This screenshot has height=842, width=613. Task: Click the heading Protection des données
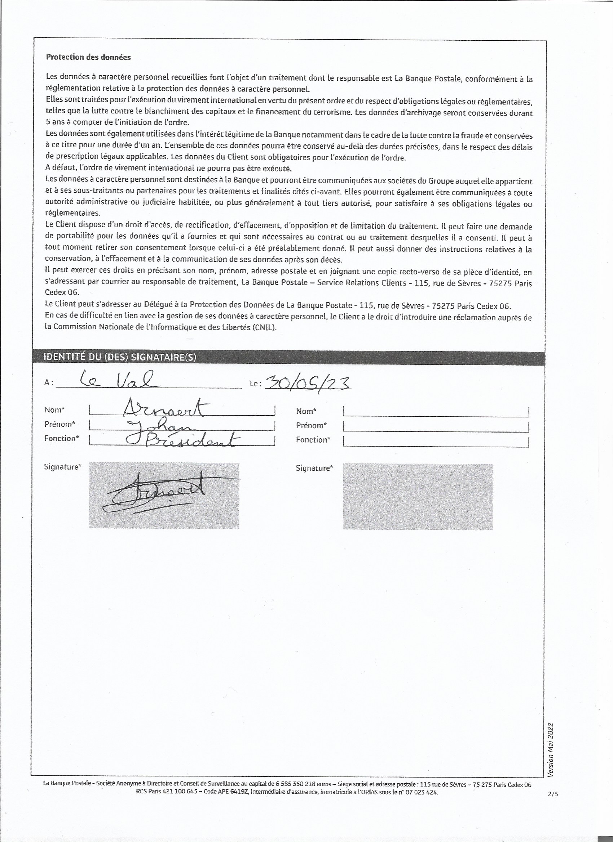coord(88,57)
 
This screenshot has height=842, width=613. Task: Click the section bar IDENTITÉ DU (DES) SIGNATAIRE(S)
coord(120,357)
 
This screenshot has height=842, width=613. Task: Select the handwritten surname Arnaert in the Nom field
coord(166,408)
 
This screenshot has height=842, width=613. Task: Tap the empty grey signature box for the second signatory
coord(418,496)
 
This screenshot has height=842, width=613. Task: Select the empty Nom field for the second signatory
coord(436,411)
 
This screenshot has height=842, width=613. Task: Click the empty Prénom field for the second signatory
coord(436,426)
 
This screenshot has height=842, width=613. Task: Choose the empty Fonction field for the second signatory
coord(436,441)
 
